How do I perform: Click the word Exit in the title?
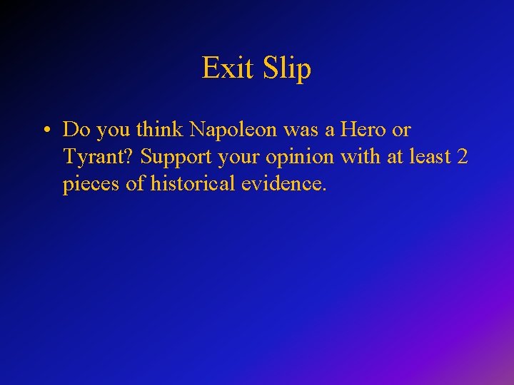(x=228, y=68)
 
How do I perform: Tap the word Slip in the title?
(x=287, y=68)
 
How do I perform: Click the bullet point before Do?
(x=45, y=130)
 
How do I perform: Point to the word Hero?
(x=363, y=130)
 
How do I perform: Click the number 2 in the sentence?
(x=461, y=157)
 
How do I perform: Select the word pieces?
(x=89, y=184)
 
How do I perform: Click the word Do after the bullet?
(x=75, y=130)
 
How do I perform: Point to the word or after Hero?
(x=402, y=130)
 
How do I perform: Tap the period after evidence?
(x=325, y=190)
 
